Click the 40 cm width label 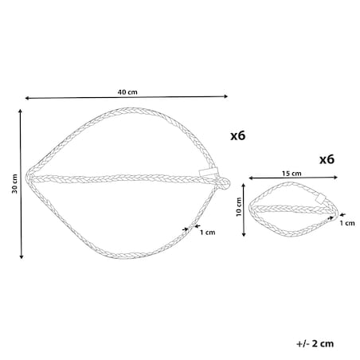point(127,92)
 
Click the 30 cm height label point(14,184)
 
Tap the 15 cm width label point(292,174)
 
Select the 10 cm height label point(239,207)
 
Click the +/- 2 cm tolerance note point(315,343)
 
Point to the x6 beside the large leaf point(238,135)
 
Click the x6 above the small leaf point(327,159)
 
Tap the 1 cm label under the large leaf point(208,233)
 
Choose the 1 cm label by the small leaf point(347,223)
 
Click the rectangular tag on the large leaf point(209,172)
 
